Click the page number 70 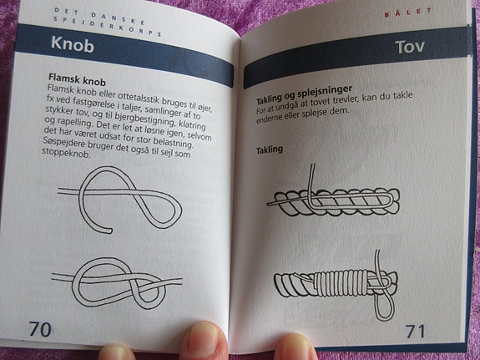click(40, 329)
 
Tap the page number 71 click(416, 331)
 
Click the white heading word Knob click(73, 45)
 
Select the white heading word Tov click(410, 47)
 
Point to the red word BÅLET click(408, 13)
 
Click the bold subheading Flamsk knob click(77, 79)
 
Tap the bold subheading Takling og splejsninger click(304, 94)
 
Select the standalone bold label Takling click(270, 150)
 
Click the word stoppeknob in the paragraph click(66, 153)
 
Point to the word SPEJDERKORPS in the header click(108, 26)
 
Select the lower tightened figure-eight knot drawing click(117, 283)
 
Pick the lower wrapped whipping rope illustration click(336, 283)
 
